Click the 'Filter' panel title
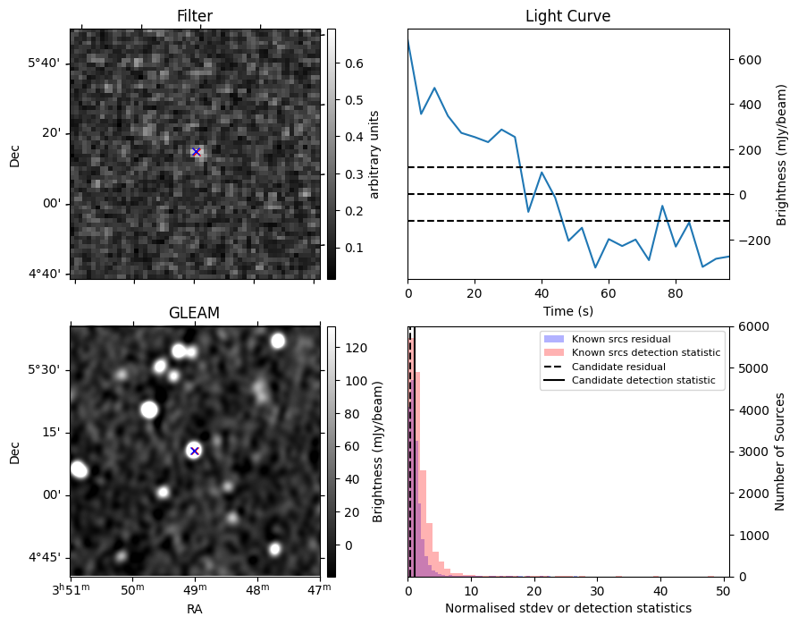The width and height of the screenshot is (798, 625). pyautogui.click(x=195, y=16)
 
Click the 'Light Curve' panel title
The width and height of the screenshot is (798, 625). pyautogui.click(x=567, y=16)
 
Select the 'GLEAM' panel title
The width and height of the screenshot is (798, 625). pyautogui.click(x=194, y=313)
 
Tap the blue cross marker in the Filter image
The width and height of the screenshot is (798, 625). pyautogui.click(x=196, y=152)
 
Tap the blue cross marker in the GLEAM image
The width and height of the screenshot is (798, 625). pyautogui.click(x=194, y=451)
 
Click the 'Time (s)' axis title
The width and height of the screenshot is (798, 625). pyautogui.click(x=567, y=311)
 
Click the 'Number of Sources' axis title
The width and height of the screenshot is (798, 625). pyautogui.click(x=780, y=451)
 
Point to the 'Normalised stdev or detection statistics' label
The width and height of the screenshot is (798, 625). pyautogui.click(x=567, y=609)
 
